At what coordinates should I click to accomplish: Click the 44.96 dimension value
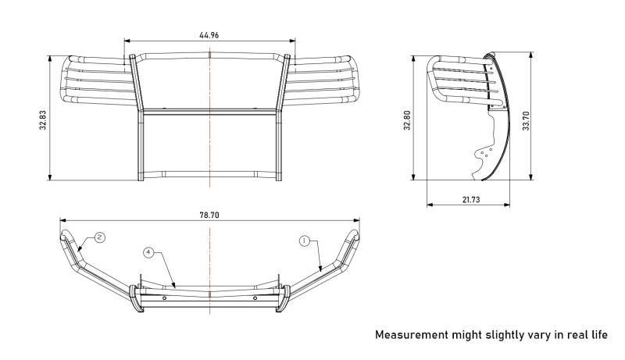[209, 35]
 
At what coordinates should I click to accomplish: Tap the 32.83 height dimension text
[43, 119]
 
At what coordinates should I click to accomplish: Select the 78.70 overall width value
[209, 215]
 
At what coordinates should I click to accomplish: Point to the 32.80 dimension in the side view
[407, 119]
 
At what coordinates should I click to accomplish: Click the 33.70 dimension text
[526, 121]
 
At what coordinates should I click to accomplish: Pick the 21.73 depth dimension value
[471, 199]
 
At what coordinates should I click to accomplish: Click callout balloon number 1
[305, 241]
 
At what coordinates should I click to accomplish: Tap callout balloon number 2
[100, 237]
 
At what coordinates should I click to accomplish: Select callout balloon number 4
[148, 252]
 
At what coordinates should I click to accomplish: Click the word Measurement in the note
[412, 334]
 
